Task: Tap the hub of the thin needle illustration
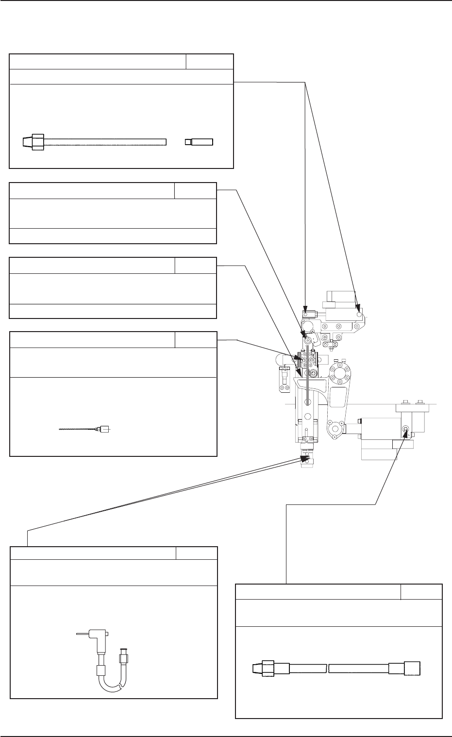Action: click(x=103, y=429)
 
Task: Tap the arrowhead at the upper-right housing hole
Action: click(x=358, y=307)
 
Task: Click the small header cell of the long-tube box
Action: click(x=209, y=62)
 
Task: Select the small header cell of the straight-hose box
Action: click(x=421, y=592)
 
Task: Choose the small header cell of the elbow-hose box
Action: click(x=197, y=553)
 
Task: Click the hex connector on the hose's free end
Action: click(x=123, y=660)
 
